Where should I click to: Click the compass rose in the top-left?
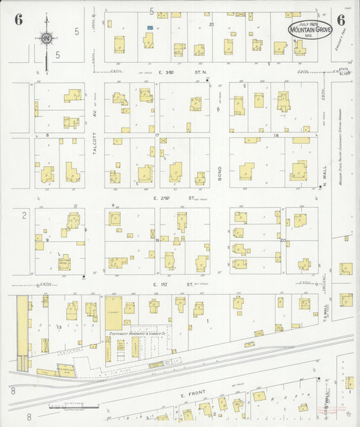pos(46,39)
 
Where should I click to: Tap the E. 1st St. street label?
pos(164,285)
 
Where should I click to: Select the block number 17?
pos(157,136)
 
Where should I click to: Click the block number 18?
pos(276,136)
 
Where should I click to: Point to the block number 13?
pos(59,326)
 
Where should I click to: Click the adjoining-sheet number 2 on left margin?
pos(24,215)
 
